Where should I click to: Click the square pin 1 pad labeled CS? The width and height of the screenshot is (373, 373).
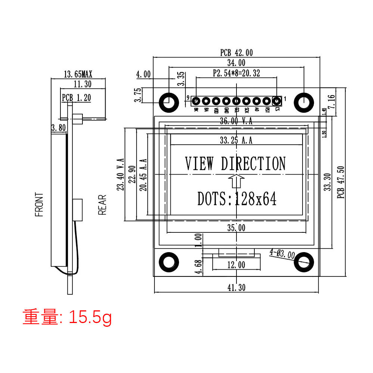click(x=277, y=101)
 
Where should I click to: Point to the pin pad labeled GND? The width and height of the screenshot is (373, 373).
click(x=226, y=101)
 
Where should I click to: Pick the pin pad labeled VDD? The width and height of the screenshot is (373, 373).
click(x=216, y=101)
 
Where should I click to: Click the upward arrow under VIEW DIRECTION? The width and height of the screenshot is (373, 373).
click(x=236, y=180)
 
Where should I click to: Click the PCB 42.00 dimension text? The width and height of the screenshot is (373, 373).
click(x=236, y=53)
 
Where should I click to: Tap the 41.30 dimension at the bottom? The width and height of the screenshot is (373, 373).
click(x=236, y=287)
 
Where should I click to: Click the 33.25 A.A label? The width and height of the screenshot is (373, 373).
click(x=236, y=141)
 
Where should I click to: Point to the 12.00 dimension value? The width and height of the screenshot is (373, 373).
click(x=236, y=265)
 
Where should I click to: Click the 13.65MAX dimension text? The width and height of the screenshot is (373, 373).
click(x=78, y=74)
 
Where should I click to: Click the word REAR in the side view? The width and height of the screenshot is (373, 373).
click(x=102, y=205)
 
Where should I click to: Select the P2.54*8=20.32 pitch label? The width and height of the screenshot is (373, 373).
click(x=236, y=73)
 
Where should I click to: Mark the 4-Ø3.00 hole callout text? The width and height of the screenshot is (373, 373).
click(x=282, y=254)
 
